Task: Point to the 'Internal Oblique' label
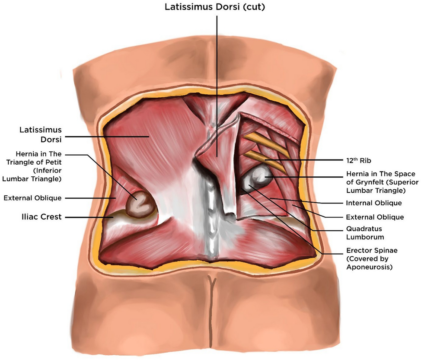click(374, 202)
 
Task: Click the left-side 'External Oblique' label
click(32, 198)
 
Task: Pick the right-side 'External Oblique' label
click(375, 217)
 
